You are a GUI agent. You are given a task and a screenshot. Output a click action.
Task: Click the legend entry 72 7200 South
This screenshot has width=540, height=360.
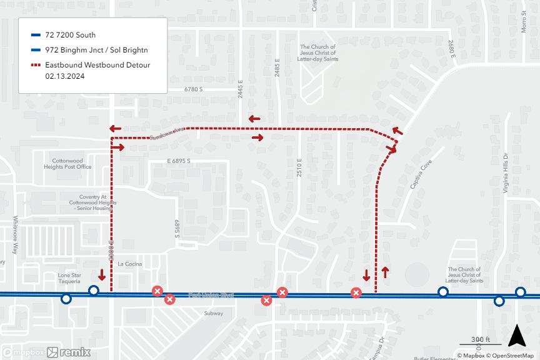[x=70, y=35]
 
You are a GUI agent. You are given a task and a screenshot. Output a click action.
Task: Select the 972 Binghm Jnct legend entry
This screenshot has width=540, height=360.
[x=96, y=50]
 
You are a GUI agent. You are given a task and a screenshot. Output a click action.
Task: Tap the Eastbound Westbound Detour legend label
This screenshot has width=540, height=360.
[x=97, y=65]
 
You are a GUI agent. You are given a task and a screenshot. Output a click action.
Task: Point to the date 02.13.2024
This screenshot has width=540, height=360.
[x=65, y=76]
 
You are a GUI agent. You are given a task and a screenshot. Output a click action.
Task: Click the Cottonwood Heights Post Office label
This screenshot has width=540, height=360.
[x=72, y=164]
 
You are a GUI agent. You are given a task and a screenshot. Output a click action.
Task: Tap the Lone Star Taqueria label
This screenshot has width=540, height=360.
[x=69, y=278]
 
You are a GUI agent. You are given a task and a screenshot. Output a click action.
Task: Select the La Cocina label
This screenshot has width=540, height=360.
[x=130, y=264]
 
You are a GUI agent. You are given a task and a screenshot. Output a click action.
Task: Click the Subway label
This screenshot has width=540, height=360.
[x=213, y=313]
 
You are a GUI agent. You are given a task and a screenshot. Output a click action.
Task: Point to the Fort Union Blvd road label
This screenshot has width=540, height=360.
[x=211, y=295]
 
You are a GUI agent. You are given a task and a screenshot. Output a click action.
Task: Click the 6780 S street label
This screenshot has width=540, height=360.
[x=193, y=90]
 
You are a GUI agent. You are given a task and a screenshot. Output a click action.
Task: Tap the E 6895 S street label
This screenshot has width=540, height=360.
[x=178, y=161]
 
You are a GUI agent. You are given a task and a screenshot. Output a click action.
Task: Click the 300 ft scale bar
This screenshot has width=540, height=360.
[x=479, y=341]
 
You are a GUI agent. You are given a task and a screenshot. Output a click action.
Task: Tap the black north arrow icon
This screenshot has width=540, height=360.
[x=516, y=336]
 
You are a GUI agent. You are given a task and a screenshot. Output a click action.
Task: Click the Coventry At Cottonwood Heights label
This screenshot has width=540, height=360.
[x=93, y=202]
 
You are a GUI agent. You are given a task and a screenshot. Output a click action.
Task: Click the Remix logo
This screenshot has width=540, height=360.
[x=75, y=352]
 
